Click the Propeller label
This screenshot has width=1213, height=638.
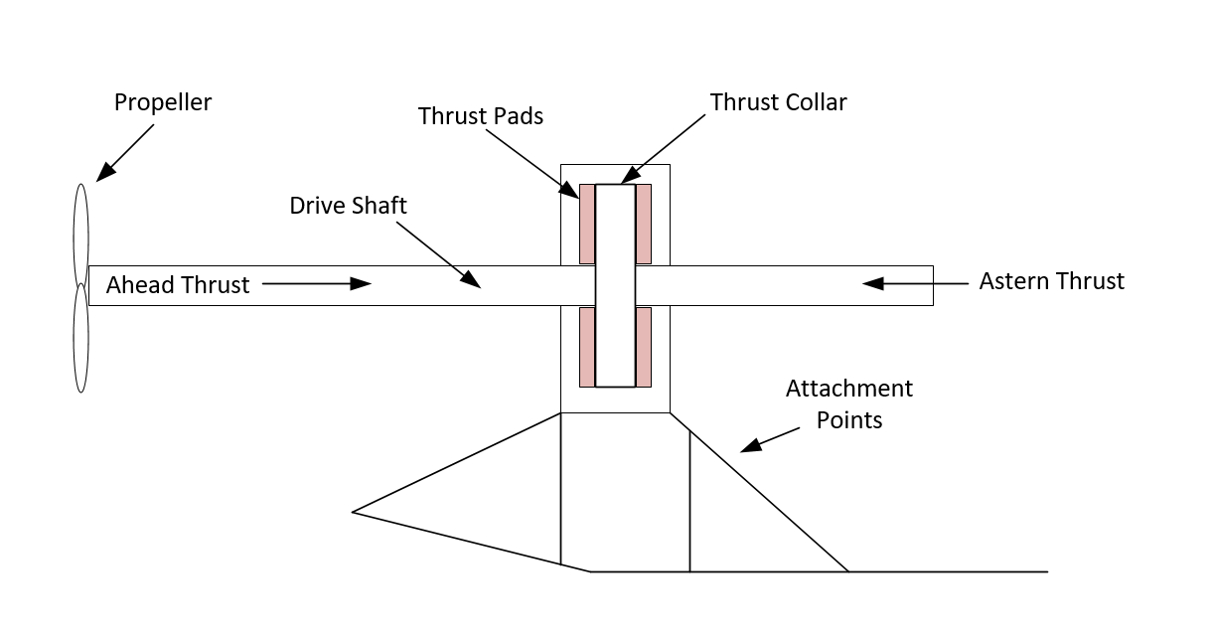(163, 102)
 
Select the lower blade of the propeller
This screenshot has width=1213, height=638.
(80, 338)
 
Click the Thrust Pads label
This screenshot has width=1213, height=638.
(481, 116)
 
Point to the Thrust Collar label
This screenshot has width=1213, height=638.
(778, 102)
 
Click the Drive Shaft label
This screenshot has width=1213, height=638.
(349, 206)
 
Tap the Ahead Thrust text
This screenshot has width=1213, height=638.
(178, 285)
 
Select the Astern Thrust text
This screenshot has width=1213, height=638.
(1051, 281)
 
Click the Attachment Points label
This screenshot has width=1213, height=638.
(849, 403)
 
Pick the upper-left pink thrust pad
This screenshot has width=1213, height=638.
(587, 224)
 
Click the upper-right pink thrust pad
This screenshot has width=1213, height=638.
(644, 224)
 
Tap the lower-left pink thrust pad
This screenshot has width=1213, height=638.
(587, 347)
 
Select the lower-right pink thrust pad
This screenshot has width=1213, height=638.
(644, 347)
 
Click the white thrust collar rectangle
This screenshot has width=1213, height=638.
(615, 285)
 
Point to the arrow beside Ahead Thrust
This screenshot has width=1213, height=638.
(316, 284)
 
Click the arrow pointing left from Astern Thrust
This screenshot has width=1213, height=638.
(914, 283)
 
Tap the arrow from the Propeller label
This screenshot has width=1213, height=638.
(123, 155)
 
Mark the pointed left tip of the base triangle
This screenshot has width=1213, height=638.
(355, 512)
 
